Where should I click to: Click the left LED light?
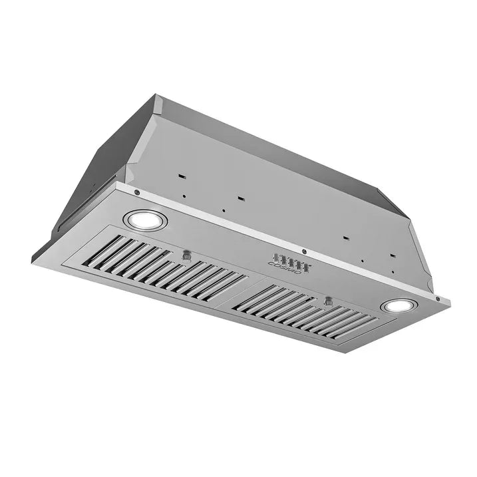tap(144, 220)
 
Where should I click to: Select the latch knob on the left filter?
tap(187, 255)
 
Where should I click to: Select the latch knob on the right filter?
tap(327, 301)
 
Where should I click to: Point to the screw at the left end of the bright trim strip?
tap(136, 193)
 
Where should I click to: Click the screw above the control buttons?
tap(304, 251)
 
